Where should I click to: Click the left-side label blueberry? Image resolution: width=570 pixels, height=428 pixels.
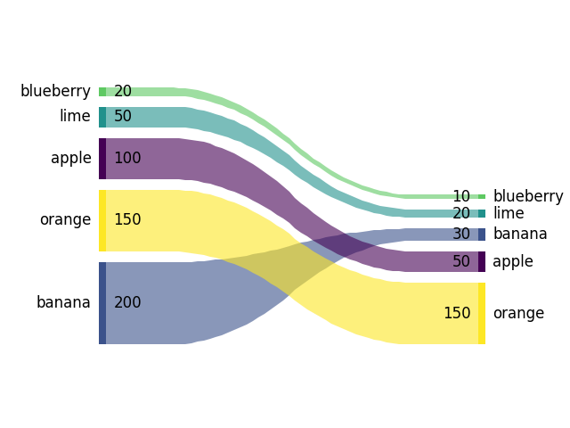click(55, 91)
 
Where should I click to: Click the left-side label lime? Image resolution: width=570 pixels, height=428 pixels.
click(75, 116)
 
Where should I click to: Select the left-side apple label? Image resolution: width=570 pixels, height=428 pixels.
click(71, 158)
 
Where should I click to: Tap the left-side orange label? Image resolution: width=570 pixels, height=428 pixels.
click(65, 219)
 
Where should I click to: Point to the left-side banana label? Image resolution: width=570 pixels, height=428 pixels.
click(63, 302)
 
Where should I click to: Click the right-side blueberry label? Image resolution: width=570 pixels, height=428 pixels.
click(528, 196)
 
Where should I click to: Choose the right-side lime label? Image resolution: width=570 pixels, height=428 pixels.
click(509, 213)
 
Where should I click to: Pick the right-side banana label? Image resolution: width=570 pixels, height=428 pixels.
click(520, 234)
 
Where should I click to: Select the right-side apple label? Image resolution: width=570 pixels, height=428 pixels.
click(513, 261)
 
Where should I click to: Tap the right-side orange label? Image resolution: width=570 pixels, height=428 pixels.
click(518, 313)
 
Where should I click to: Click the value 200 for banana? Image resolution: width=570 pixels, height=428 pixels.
click(127, 302)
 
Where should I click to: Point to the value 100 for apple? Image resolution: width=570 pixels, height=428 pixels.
click(127, 158)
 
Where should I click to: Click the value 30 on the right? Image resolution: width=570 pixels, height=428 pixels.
click(461, 234)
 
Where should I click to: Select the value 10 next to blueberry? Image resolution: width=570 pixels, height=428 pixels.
click(461, 196)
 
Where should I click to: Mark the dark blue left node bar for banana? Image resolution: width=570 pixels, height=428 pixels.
click(102, 302)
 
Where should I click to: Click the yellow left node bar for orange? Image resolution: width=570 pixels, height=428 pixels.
click(102, 220)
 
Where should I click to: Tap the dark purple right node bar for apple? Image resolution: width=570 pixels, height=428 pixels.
click(482, 261)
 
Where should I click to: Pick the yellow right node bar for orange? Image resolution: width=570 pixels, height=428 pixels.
click(482, 313)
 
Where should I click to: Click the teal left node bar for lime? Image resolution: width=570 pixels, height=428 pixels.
click(102, 117)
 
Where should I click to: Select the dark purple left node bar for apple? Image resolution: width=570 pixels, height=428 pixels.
click(102, 159)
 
